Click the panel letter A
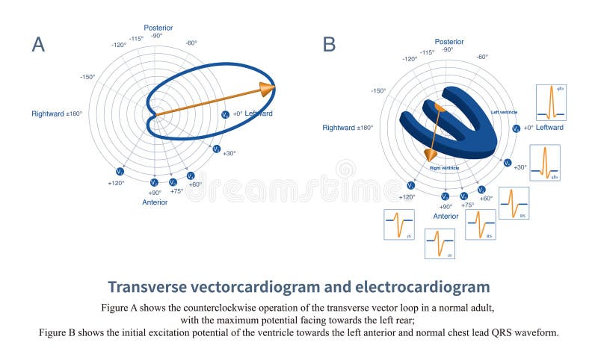(x=38, y=44)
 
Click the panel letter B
(x=329, y=44)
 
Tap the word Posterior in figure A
(x=158, y=28)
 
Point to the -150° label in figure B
(x=378, y=90)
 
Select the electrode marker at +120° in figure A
(x=120, y=172)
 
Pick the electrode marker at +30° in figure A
(x=216, y=149)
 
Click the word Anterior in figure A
(x=155, y=202)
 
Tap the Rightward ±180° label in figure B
(x=348, y=128)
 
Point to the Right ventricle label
(x=444, y=168)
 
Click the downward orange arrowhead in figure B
(x=430, y=155)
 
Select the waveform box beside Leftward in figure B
(x=550, y=102)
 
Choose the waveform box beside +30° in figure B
(x=545, y=163)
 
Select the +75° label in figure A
(x=176, y=191)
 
